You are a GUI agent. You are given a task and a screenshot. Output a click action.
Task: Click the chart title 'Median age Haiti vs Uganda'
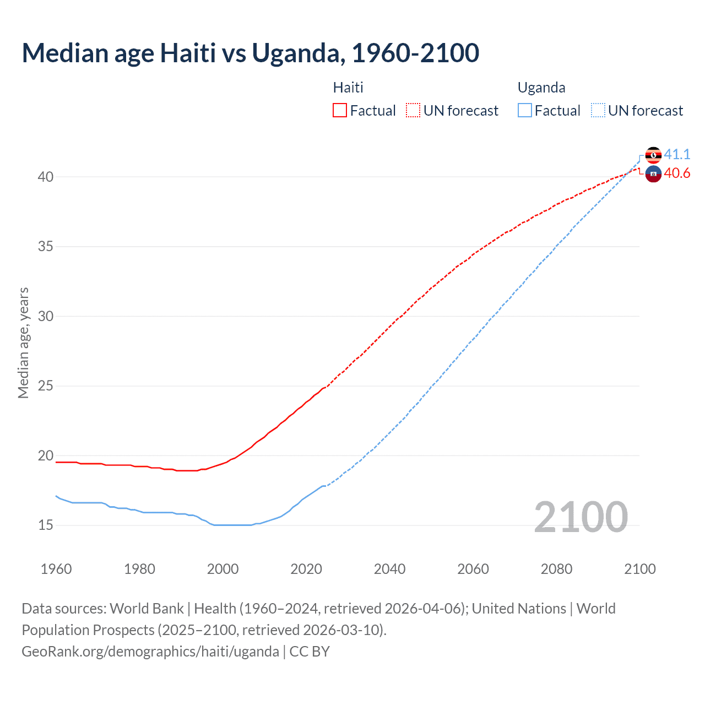[250, 53]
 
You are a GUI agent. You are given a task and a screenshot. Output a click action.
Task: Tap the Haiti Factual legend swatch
[340, 110]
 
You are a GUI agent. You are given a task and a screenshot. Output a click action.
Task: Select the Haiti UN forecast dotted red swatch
[413, 110]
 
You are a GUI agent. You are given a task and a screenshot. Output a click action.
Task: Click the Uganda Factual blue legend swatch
[525, 110]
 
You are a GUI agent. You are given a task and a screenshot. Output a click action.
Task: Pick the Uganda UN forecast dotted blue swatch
[598, 110]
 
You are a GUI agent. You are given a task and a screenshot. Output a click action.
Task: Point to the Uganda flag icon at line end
[653, 155]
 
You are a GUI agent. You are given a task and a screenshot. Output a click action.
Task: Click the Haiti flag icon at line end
[653, 174]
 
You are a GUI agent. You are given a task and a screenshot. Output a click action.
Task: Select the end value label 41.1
[677, 154]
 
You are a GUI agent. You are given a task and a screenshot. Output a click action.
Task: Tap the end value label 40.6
[677, 173]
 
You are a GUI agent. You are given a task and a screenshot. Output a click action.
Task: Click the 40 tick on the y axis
[46, 177]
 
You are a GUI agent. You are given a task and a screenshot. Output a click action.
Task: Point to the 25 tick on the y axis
[46, 386]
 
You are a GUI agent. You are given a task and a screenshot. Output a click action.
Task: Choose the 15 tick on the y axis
[46, 525]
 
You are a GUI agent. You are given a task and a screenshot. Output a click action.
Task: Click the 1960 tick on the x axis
[56, 569]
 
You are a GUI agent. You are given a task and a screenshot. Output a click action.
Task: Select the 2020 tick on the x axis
[306, 569]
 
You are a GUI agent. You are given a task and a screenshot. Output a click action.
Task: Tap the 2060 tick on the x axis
[473, 569]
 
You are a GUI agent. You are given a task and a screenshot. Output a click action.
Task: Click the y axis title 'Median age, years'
[23, 343]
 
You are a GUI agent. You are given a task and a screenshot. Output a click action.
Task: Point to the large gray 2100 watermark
[581, 517]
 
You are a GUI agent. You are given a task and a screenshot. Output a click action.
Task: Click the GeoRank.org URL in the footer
[150, 651]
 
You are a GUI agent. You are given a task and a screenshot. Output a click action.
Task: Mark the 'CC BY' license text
[310, 651]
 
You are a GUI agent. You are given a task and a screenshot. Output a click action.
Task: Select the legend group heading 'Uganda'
[541, 88]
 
